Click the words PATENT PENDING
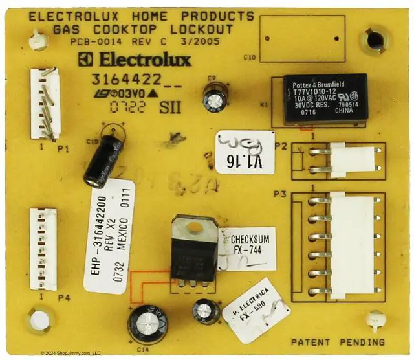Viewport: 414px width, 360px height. click(337, 342)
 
